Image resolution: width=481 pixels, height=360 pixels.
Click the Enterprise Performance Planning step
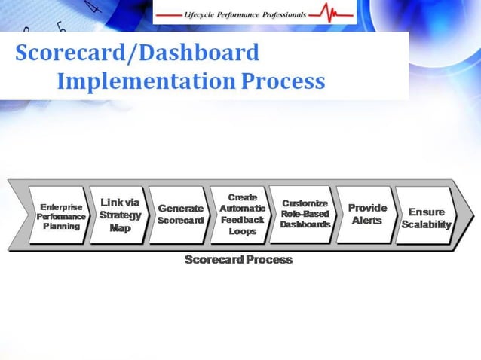(x=61, y=216)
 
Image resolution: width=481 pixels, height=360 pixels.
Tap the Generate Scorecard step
(x=180, y=215)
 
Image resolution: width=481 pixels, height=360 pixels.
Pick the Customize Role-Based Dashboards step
(x=304, y=214)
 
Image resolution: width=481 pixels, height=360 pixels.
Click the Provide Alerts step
(x=367, y=214)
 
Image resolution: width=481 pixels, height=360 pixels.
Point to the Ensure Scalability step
(x=427, y=218)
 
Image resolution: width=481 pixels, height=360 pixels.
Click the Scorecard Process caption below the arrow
(x=238, y=260)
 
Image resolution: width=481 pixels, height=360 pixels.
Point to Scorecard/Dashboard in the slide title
(x=136, y=53)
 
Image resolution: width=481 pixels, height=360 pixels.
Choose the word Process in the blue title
(x=284, y=81)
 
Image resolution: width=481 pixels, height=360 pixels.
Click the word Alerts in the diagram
(x=367, y=221)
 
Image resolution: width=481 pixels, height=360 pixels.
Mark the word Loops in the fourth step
(x=242, y=232)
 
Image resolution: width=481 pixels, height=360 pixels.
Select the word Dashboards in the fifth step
(x=305, y=224)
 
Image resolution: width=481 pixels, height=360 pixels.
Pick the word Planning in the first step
(x=61, y=226)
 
